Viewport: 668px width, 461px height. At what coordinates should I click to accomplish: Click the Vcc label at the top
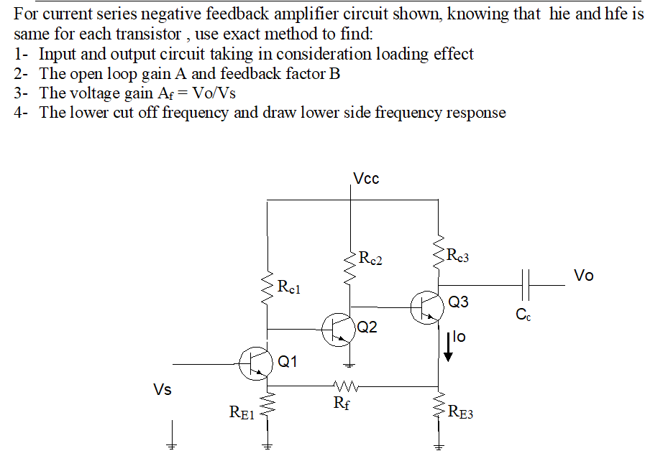click(x=366, y=179)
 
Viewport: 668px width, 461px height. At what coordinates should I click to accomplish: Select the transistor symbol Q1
click(x=256, y=363)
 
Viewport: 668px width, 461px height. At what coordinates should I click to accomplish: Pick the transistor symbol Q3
click(x=427, y=307)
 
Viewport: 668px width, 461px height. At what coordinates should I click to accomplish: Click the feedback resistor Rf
click(x=344, y=384)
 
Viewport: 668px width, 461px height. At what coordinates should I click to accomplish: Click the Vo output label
click(x=584, y=276)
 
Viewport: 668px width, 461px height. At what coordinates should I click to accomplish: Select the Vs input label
click(x=163, y=390)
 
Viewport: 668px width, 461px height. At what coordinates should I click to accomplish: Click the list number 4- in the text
click(x=21, y=113)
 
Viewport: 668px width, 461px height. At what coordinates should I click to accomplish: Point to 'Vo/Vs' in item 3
click(x=214, y=93)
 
